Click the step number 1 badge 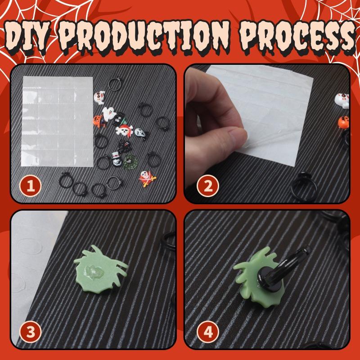click(x=30, y=186)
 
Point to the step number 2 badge click(x=208, y=186)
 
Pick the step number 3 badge click(x=30, y=332)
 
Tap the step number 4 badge click(x=208, y=332)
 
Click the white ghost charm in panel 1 click(x=108, y=114)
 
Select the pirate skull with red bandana click(x=124, y=130)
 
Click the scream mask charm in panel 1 click(x=140, y=134)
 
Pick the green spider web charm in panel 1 click(x=130, y=162)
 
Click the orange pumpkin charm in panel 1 click(x=99, y=121)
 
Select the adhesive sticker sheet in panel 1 click(x=57, y=121)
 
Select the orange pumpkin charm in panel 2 click(x=343, y=122)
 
